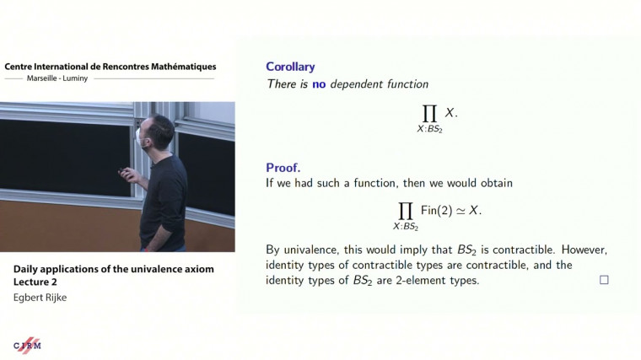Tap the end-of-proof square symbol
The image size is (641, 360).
604,280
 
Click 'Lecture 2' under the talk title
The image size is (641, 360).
35,283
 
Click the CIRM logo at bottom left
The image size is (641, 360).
28,345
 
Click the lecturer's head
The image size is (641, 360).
160,132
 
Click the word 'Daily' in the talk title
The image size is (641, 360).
27,270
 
